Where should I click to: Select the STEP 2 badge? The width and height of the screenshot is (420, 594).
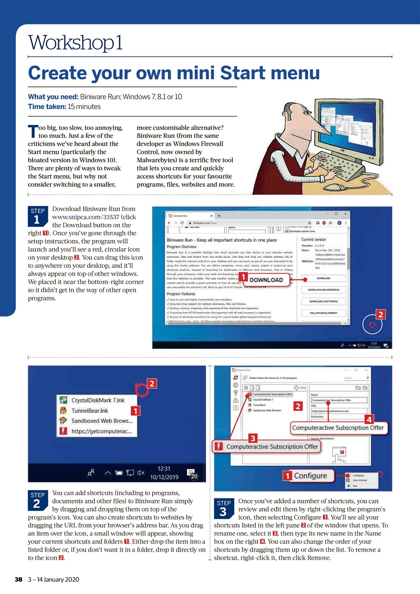click(x=38, y=500)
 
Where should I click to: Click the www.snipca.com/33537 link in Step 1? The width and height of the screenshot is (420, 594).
click(x=86, y=217)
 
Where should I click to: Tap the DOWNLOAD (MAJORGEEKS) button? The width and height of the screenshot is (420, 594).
click(x=323, y=290)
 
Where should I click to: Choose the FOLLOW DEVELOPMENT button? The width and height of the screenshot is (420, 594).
click(x=323, y=313)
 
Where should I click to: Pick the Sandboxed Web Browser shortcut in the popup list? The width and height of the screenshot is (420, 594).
click(x=101, y=421)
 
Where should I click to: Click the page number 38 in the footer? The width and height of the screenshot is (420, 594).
click(x=19, y=579)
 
